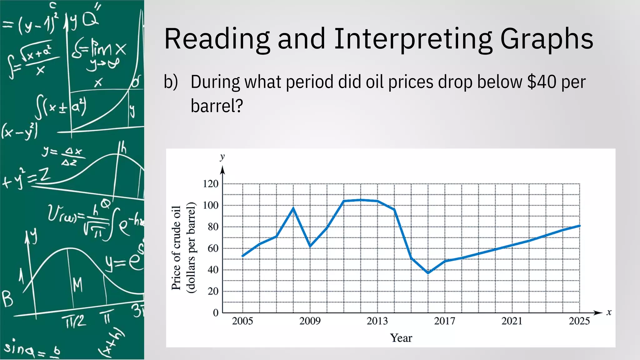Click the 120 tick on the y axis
(x=211, y=184)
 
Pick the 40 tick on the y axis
(x=213, y=270)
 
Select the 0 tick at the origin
(x=216, y=312)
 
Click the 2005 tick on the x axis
(x=242, y=321)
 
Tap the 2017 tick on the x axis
(x=444, y=321)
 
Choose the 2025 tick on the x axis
(x=579, y=321)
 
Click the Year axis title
(x=401, y=338)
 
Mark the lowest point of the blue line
(x=428, y=273)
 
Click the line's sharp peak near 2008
(x=293, y=208)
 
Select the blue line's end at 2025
(x=579, y=226)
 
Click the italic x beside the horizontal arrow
(x=609, y=312)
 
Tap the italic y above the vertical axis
(x=222, y=157)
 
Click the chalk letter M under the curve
(x=77, y=285)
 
